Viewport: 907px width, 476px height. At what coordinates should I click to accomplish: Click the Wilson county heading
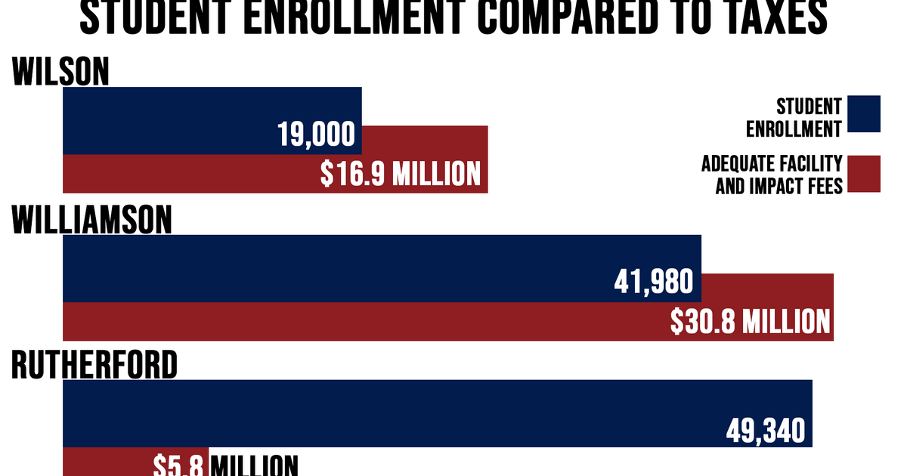coord(60,73)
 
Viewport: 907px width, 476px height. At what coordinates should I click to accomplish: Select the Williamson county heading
coord(91,220)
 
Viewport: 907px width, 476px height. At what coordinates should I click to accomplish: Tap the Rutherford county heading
coord(94,366)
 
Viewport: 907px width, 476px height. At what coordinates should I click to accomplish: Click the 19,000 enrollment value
coord(316,135)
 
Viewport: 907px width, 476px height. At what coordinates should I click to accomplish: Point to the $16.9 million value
coord(400,174)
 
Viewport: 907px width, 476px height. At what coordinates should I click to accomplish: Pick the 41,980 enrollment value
coord(654,282)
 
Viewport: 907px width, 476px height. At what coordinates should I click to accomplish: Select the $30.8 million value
coord(750,322)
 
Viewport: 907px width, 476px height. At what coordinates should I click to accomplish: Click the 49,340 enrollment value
coord(766,431)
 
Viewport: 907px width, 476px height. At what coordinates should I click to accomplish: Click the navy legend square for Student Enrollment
coord(864,113)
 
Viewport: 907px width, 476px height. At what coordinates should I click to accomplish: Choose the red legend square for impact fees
coord(864,174)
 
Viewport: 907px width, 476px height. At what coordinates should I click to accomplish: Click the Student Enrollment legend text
coord(794,118)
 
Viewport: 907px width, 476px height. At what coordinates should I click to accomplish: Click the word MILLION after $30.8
coord(786,322)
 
